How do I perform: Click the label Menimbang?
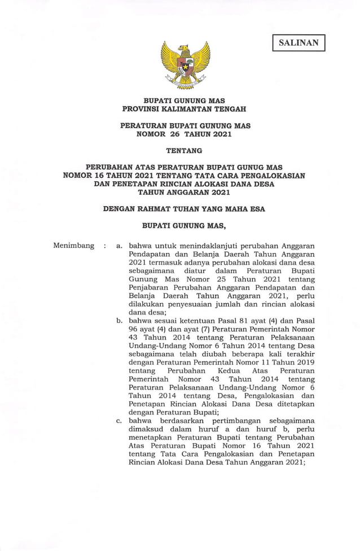(x=73, y=246)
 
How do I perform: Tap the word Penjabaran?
(x=150, y=287)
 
